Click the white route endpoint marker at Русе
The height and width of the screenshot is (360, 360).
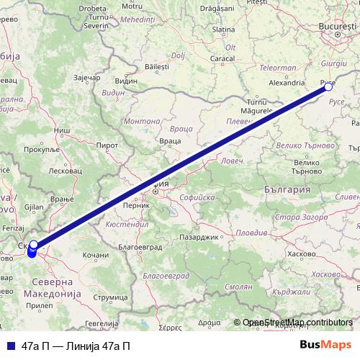click(x=328, y=87)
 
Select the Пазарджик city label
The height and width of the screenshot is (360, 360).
click(x=199, y=236)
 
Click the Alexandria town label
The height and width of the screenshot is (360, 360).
click(x=267, y=83)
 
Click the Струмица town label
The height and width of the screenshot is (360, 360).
click(x=109, y=296)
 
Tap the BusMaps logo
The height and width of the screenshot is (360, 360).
click(x=325, y=346)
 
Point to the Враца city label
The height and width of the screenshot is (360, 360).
click(x=170, y=141)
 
